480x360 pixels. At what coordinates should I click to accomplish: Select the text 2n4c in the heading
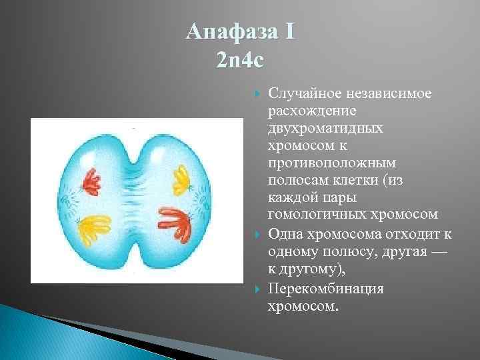240,61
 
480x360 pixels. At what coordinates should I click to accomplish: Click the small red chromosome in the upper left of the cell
91,181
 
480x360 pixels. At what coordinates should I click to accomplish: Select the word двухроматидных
325,128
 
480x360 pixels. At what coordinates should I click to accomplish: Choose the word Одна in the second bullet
283,233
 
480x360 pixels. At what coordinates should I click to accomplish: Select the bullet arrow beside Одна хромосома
259,234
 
